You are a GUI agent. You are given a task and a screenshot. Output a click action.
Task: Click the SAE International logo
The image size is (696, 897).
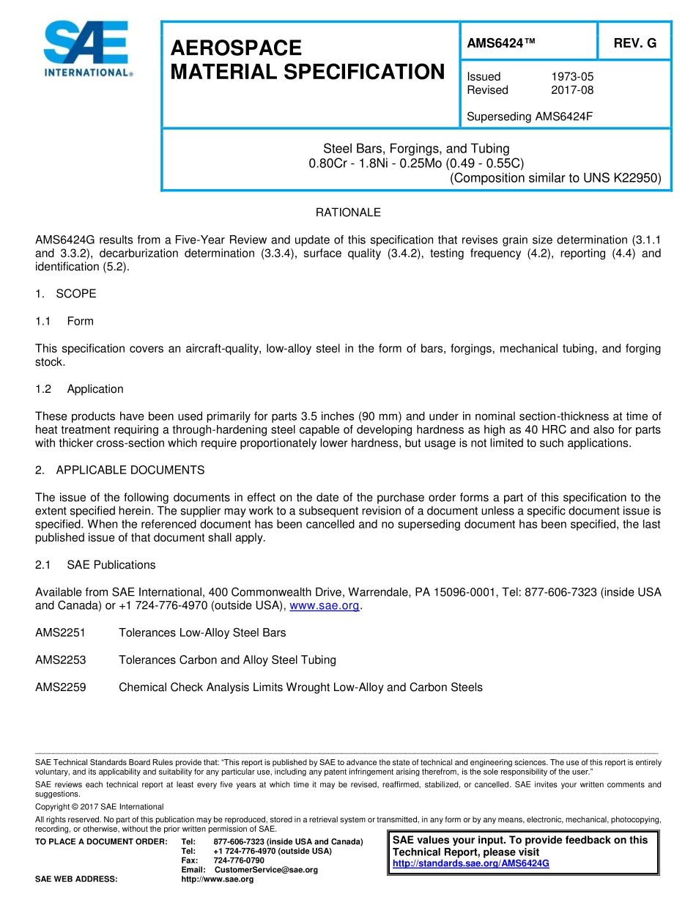pyautogui.click(x=86, y=49)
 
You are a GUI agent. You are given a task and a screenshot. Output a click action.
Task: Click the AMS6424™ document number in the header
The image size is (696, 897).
pyautogui.click(x=501, y=44)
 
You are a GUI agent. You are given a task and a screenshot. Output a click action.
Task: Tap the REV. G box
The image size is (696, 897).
pyautogui.click(x=634, y=44)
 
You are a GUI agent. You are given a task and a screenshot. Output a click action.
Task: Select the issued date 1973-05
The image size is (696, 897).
pyautogui.click(x=572, y=77)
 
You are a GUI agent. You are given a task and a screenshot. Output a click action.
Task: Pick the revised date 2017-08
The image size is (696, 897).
pyautogui.click(x=572, y=90)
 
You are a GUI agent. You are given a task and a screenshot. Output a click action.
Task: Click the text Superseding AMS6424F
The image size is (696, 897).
pyautogui.click(x=530, y=117)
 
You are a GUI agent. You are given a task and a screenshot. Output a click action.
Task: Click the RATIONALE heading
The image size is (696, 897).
pyautogui.click(x=348, y=213)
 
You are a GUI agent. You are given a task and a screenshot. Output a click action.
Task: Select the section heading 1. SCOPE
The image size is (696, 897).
pyautogui.click(x=65, y=294)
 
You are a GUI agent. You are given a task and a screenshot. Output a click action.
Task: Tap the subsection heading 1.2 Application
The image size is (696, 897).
pyautogui.click(x=79, y=389)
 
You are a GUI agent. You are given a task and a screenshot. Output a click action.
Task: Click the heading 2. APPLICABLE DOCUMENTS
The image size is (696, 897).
pyautogui.click(x=119, y=470)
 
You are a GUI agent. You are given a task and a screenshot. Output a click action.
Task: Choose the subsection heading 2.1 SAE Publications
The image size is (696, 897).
pyautogui.click(x=95, y=565)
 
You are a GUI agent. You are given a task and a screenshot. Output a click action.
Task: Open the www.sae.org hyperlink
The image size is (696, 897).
pyautogui.click(x=325, y=606)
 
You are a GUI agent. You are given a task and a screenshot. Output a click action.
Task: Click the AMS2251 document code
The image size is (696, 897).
pyautogui.click(x=60, y=632)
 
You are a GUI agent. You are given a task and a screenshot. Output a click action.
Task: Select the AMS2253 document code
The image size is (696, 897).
pyautogui.click(x=60, y=660)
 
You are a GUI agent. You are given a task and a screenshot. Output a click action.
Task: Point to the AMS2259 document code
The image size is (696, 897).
pyautogui.click(x=60, y=687)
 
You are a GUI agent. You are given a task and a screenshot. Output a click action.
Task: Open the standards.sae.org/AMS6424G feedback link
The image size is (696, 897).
pyautogui.click(x=470, y=864)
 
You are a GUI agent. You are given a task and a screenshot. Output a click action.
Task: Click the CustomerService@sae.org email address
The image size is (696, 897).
pyautogui.click(x=265, y=870)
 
